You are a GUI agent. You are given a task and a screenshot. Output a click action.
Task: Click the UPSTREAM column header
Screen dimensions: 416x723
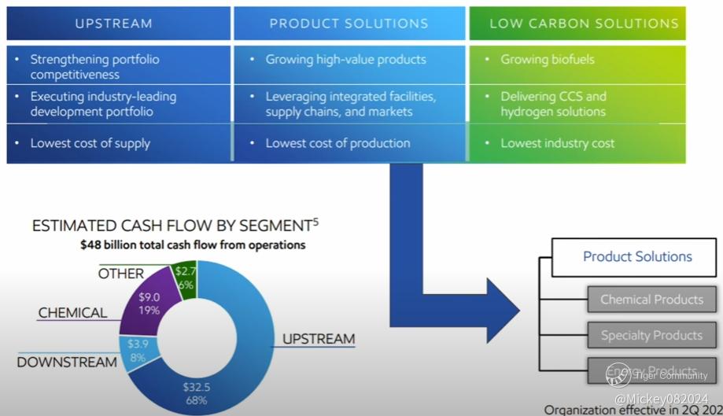coord(114,24)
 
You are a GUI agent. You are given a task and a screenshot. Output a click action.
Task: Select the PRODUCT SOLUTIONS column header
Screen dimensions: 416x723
coord(349,24)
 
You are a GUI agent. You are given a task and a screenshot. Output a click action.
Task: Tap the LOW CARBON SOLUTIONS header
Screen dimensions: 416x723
coord(584,24)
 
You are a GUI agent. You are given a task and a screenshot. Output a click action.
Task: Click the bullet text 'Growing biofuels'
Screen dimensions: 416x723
coord(548,60)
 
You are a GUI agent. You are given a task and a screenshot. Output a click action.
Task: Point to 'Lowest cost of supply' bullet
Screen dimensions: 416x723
coord(90,143)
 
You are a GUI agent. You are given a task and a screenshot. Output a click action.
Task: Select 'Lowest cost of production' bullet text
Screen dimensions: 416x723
coord(338,143)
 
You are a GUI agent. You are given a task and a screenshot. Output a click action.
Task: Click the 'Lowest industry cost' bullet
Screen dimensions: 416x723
coord(558,143)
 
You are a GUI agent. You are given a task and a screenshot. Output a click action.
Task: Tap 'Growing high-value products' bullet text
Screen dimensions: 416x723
coord(345,60)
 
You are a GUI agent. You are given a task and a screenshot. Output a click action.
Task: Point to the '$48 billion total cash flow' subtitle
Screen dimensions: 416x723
coord(193,245)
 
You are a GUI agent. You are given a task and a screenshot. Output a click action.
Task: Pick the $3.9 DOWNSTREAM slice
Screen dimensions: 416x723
coord(138,350)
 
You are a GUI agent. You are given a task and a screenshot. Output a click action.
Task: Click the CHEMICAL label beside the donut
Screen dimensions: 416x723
coord(72,313)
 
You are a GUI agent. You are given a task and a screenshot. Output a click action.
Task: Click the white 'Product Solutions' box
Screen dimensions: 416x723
coord(637,256)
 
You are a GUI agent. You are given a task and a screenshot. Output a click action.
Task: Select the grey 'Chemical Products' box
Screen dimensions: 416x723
coord(651,300)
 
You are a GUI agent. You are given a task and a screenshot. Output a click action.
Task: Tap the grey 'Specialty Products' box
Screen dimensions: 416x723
coord(651,336)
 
